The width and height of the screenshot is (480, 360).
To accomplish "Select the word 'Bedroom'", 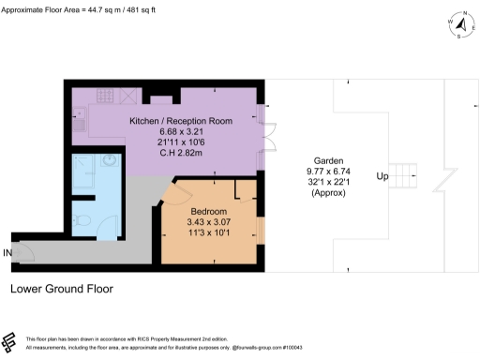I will (209, 212).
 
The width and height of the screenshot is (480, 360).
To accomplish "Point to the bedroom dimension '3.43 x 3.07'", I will (209, 223).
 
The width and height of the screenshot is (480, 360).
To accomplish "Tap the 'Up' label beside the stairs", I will (382, 176).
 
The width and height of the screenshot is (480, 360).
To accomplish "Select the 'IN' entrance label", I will (7, 253).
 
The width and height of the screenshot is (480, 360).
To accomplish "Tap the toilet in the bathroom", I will (83, 222).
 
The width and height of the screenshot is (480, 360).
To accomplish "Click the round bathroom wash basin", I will (110, 159).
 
